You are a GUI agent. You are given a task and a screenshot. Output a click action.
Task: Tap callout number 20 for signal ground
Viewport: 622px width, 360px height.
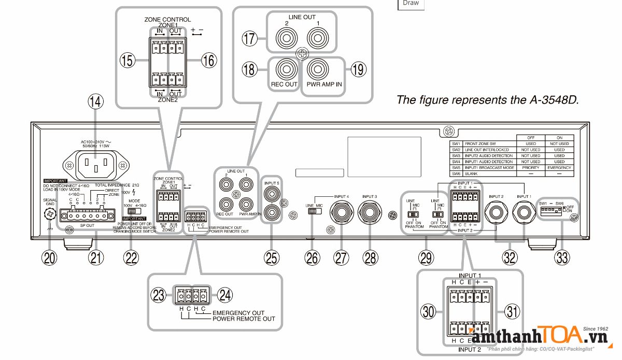[x=50, y=257]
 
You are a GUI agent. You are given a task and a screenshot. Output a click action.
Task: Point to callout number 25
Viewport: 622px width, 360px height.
[x=272, y=257]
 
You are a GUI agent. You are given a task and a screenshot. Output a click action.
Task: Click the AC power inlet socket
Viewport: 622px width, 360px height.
[x=95, y=165]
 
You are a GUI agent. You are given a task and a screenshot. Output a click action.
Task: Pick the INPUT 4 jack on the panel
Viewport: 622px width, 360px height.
[x=341, y=211]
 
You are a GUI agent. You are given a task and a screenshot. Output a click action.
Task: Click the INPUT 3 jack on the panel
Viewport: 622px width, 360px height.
[x=370, y=211]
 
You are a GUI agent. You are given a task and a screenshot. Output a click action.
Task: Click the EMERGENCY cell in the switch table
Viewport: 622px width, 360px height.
[x=559, y=168]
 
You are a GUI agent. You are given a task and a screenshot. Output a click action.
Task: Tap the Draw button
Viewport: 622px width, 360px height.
[x=411, y=3]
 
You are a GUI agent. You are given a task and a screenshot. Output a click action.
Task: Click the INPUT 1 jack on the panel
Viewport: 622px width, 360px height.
[x=523, y=211]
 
